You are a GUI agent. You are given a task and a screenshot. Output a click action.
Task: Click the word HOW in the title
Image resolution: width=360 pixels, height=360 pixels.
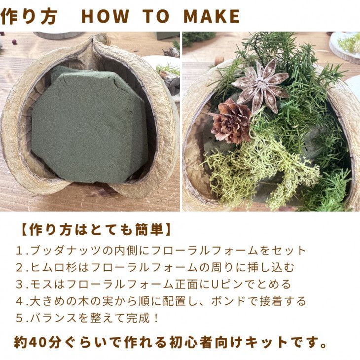click(105, 16)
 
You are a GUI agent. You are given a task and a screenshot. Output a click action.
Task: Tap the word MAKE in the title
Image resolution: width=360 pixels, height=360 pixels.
click(212, 16)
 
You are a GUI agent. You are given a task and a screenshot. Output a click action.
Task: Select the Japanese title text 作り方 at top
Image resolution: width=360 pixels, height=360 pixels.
click(29, 16)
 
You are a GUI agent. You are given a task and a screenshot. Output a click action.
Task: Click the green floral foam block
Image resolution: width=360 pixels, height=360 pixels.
click(90, 125)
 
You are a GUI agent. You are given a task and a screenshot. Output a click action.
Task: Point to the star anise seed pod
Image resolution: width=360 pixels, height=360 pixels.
click(261, 85)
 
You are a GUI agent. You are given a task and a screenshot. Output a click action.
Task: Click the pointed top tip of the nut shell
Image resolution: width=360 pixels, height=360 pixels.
click(93, 36)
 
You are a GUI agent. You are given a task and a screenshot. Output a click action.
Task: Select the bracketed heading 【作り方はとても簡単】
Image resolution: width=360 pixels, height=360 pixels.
click(97, 230)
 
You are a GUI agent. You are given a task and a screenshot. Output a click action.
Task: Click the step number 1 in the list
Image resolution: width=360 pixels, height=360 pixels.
click(20, 251)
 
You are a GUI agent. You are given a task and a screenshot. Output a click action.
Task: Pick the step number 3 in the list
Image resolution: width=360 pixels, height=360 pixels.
click(20, 285)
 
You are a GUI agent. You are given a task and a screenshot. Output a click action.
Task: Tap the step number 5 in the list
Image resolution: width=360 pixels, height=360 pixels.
click(20, 318)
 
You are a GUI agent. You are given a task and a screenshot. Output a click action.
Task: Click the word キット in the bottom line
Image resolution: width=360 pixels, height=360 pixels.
click(266, 342)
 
